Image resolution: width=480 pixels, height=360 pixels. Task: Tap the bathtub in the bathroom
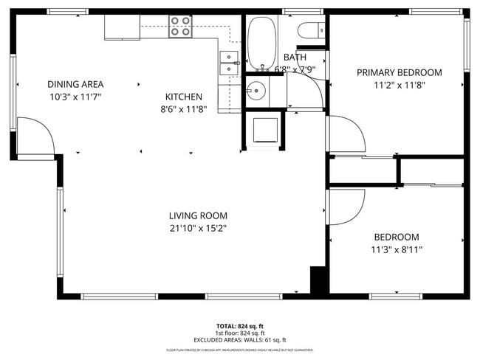(x=259, y=43)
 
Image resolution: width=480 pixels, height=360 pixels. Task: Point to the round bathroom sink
(x=256, y=91)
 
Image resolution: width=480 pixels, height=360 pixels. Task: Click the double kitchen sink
(x=229, y=63)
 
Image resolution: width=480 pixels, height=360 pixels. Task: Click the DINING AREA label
(x=75, y=84)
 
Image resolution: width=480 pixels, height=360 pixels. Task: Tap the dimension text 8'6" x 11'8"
(x=184, y=109)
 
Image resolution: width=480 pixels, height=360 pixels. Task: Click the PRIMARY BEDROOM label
(x=399, y=72)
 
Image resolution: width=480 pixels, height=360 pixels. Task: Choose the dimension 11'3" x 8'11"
(x=397, y=249)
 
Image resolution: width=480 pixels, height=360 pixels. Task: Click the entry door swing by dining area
(x=35, y=136)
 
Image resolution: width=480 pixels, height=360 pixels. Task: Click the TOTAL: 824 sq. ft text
(x=239, y=325)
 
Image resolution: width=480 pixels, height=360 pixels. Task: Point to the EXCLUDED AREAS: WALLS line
(x=239, y=340)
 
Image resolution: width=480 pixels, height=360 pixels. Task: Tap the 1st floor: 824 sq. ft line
(x=239, y=333)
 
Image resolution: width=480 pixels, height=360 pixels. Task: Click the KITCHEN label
(x=184, y=97)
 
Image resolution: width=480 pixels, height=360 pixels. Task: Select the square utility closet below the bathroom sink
(x=264, y=129)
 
